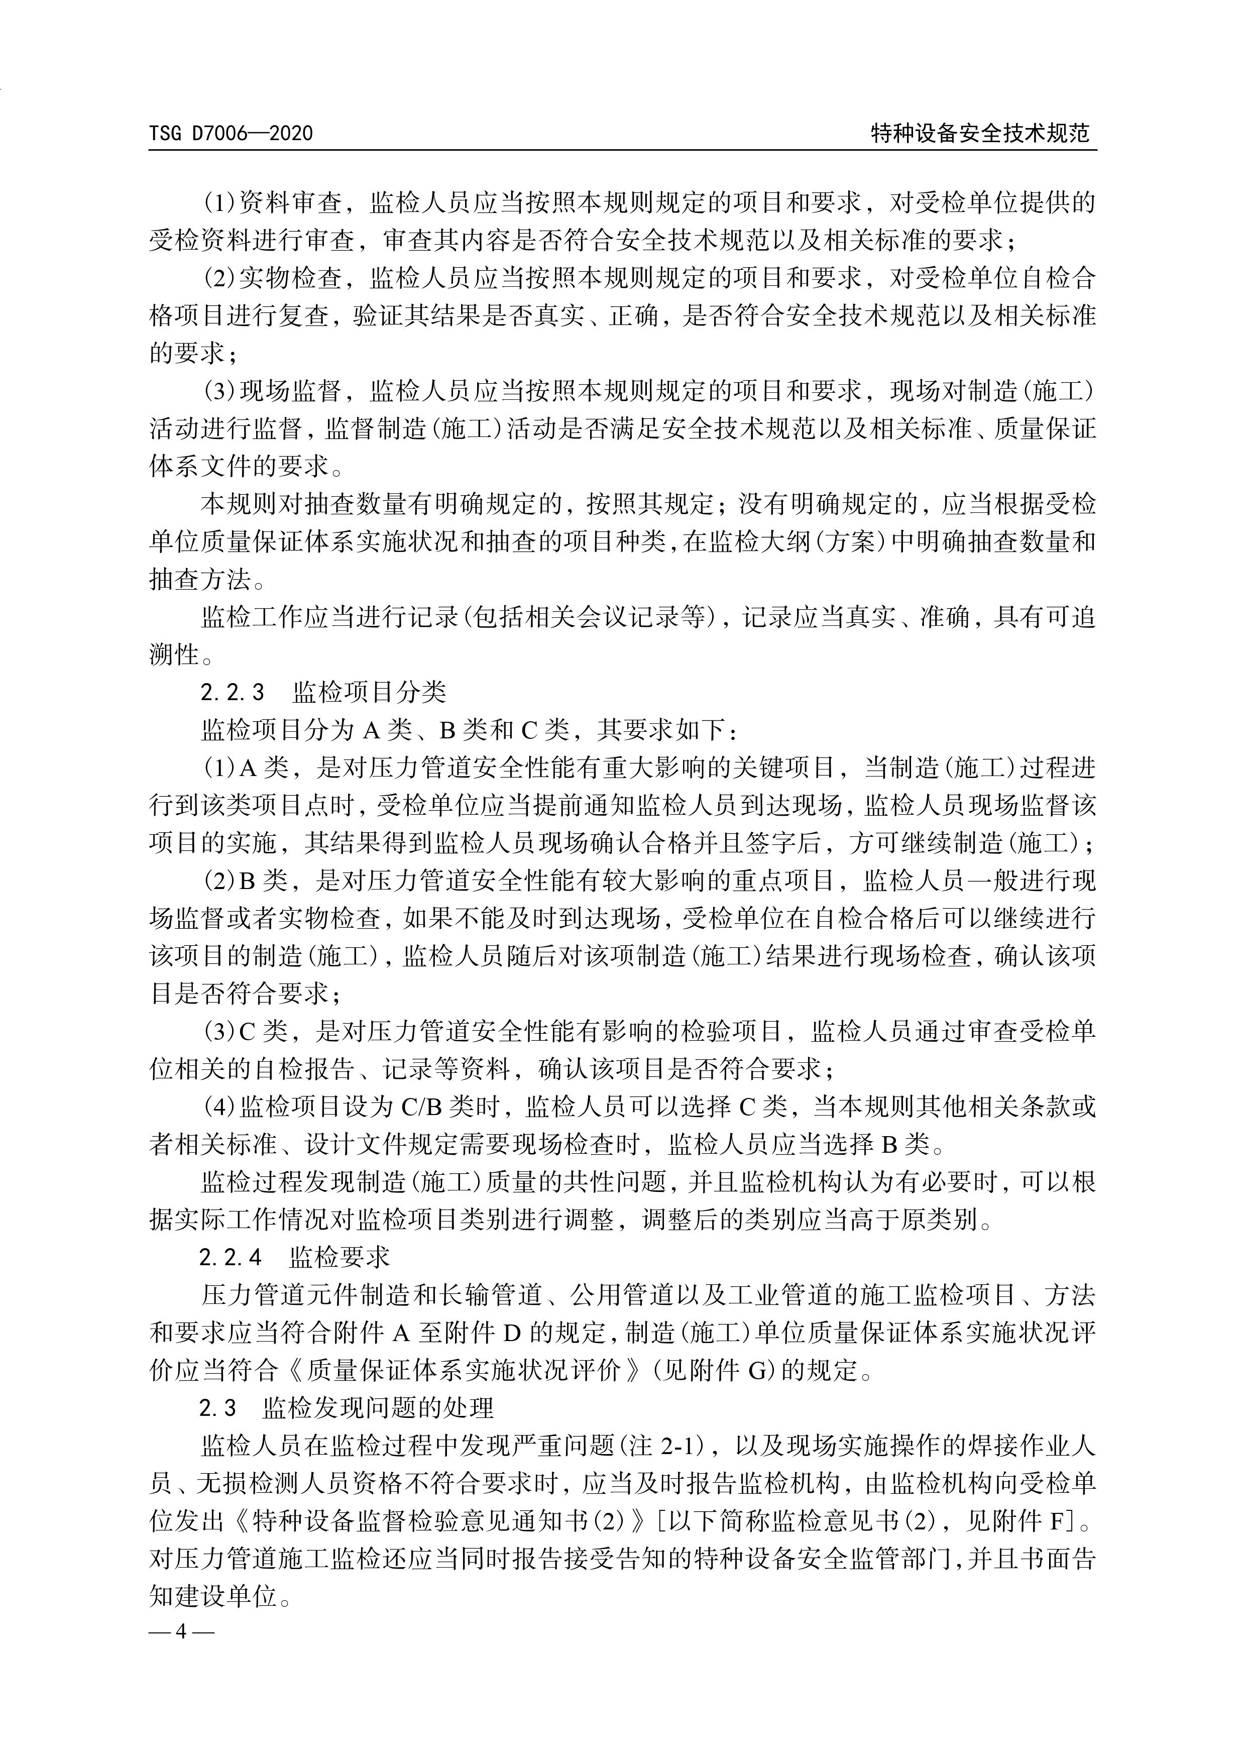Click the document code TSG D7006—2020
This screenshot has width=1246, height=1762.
coord(231,134)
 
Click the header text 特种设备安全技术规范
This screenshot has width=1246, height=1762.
coord(980,134)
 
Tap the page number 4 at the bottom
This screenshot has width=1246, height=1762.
coord(181,1631)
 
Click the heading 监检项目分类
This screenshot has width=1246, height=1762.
coord(369,693)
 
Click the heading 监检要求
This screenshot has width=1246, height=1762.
coord(340,1258)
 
